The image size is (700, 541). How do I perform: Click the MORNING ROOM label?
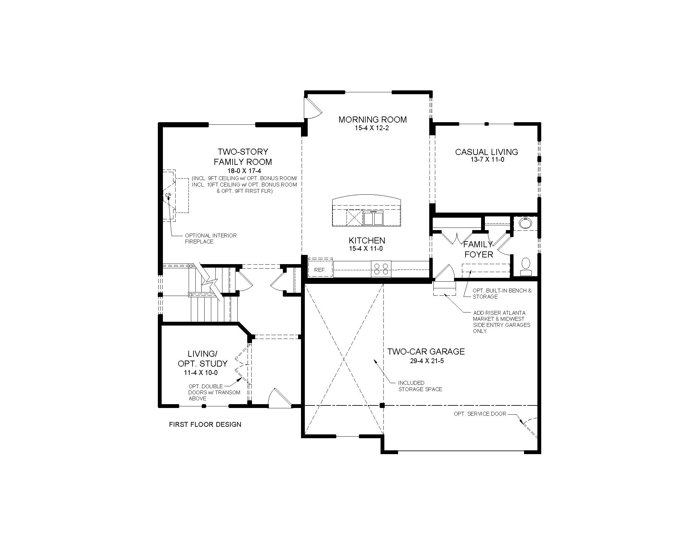tap(373, 120)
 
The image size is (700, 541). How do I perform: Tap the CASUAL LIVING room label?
tap(486, 152)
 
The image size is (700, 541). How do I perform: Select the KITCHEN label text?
tap(367, 240)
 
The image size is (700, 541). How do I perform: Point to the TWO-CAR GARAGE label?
tap(426, 352)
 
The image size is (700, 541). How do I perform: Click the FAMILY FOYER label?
tap(479, 250)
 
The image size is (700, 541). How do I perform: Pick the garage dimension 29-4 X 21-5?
tap(427, 361)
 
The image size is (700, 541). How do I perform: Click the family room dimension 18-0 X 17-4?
tap(243, 171)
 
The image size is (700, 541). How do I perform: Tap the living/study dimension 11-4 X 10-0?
tap(201, 373)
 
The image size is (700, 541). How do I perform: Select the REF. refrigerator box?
tap(320, 270)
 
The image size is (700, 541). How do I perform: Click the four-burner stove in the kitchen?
tap(381, 269)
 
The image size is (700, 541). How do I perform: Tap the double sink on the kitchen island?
tap(373, 218)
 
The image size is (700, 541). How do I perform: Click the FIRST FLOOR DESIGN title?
tap(205, 425)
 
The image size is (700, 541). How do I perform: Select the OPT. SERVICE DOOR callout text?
tap(480, 414)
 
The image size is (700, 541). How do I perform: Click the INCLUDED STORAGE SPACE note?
tap(420, 386)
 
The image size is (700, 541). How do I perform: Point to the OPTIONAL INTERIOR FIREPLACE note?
tap(211, 238)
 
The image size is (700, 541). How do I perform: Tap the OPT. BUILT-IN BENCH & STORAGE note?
tap(502, 294)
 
